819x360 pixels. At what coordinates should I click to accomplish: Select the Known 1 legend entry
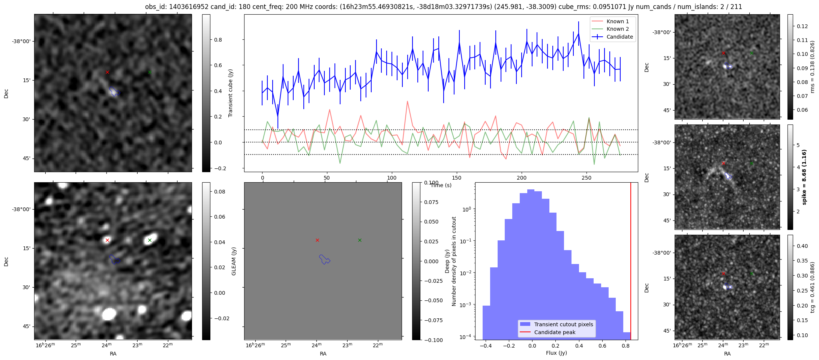pyautogui.click(x=610, y=21)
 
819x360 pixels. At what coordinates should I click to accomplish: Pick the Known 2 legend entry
pyautogui.click(x=610, y=29)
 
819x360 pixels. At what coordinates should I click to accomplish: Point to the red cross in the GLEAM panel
pyautogui.click(x=317, y=240)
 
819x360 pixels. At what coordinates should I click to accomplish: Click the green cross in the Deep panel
pyautogui.click(x=150, y=240)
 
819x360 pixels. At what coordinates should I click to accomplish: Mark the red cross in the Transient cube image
pyautogui.click(x=107, y=72)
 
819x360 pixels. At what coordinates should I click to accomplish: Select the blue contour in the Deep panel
pyautogui.click(x=114, y=259)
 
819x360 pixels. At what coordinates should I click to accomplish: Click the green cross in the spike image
pyautogui.click(x=751, y=163)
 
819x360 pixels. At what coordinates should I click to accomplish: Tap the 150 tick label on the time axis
pyautogui.click(x=457, y=178)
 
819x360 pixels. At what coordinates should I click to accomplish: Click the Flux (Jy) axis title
pyautogui.click(x=556, y=353)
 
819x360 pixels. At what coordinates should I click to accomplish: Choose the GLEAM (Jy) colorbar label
pyautogui.click(x=234, y=261)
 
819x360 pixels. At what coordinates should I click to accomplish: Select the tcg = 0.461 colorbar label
pyautogui.click(x=812, y=287)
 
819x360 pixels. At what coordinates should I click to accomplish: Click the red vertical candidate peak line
pyautogui.click(x=631, y=261)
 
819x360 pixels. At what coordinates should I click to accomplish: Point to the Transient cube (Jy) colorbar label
pyautogui.click(x=230, y=93)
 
